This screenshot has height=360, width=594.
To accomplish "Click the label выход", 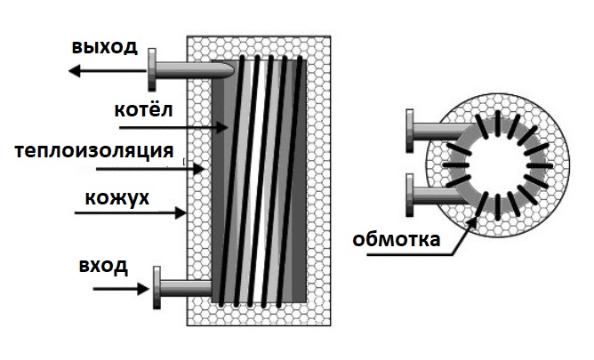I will point(104,47).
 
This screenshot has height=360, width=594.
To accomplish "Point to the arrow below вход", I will point(130,288).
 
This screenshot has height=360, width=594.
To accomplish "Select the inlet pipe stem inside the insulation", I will point(189,286).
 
